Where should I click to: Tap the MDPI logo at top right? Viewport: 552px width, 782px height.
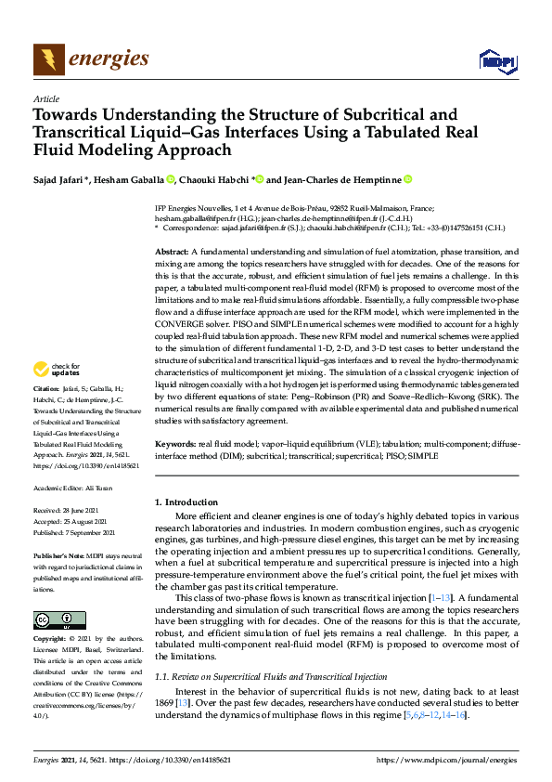[x=496, y=62]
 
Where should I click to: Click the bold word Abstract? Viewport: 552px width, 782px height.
[x=172, y=252]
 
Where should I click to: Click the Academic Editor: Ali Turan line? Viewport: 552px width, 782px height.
[x=73, y=488]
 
